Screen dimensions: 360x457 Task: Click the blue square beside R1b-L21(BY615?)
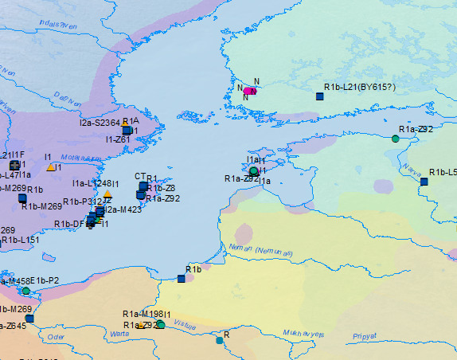point(320,96)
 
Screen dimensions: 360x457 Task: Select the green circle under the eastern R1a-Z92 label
point(395,139)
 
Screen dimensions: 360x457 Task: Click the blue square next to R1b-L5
point(424,182)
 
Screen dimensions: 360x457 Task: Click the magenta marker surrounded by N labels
point(251,92)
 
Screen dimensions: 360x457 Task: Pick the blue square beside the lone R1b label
point(181,278)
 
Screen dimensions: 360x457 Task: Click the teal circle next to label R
point(219,340)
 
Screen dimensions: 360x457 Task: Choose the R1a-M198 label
point(143,314)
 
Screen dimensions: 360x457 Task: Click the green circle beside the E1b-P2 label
point(25,291)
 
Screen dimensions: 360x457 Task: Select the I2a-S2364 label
point(100,123)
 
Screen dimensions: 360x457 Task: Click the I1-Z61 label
point(118,139)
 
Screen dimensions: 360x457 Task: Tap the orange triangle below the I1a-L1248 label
point(107,194)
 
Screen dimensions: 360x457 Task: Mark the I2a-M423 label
point(123,209)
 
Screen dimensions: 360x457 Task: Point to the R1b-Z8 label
point(161,188)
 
